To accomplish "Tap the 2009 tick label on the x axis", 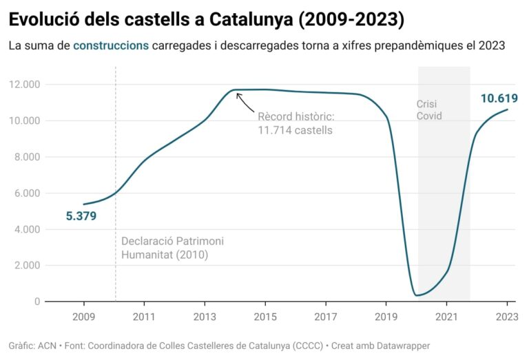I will (x=84, y=317).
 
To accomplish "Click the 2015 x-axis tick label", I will (x=265, y=317).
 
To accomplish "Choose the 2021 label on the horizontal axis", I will (x=446, y=317).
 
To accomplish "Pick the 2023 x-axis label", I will (x=506, y=317).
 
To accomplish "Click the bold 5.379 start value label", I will (x=81, y=216).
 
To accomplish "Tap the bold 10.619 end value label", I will (x=499, y=98).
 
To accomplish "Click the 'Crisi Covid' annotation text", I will (x=428, y=110).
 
